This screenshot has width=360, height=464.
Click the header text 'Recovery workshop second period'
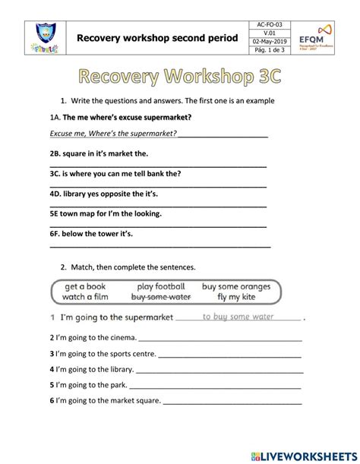pyautogui.click(x=157, y=37)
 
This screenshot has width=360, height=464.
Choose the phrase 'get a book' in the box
pyautogui.click(x=86, y=286)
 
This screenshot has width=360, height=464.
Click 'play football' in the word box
pyautogui.click(x=161, y=286)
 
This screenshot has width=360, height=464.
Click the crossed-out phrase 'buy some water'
pyautogui.click(x=160, y=297)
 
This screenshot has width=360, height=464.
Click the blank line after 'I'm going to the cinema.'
pyautogui.click(x=220, y=339)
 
